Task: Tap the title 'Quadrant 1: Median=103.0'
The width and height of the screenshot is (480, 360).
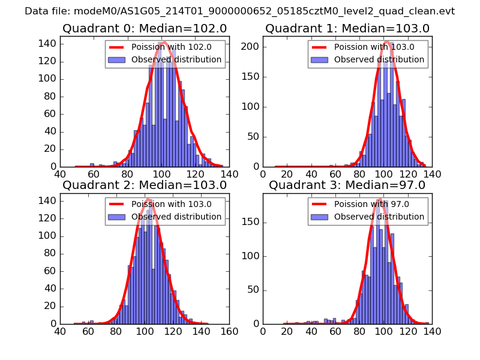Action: click(347, 28)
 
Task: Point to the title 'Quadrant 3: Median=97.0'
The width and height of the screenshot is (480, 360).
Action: click(347, 185)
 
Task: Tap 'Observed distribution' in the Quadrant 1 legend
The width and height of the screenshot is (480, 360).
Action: click(379, 60)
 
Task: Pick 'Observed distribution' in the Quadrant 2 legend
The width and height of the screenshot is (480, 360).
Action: click(176, 217)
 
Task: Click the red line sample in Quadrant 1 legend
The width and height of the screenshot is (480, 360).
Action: click(319, 47)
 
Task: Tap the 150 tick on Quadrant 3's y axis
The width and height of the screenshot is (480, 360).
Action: click(254, 223)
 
